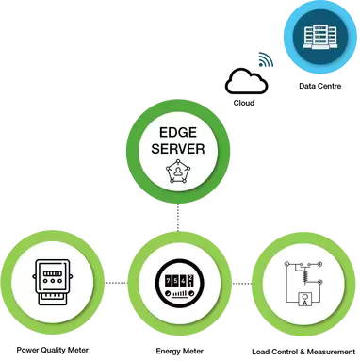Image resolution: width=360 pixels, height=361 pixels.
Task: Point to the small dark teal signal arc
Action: (267, 60)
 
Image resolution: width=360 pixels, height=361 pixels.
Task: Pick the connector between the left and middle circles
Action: (115, 283)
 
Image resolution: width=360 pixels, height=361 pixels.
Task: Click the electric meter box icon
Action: (53, 282)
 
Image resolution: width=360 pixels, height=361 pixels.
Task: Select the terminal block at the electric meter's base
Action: (53, 303)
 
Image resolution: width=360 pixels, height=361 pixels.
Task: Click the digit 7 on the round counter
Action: (167, 281)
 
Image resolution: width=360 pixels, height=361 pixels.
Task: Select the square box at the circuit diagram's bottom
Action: (303, 301)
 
